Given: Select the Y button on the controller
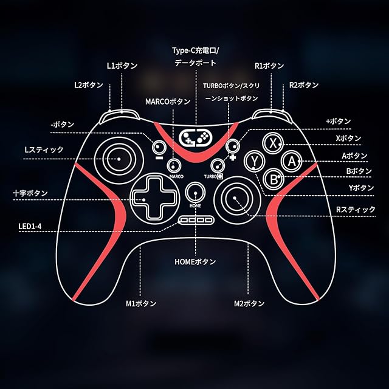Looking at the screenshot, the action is pyautogui.click(x=255, y=161).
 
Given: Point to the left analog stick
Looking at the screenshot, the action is pyautogui.click(x=119, y=159).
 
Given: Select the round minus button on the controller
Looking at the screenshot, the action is pyautogui.click(x=159, y=146).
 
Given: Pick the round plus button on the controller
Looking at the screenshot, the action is pyautogui.click(x=232, y=146).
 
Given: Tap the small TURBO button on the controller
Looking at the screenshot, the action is pyautogui.click(x=216, y=164).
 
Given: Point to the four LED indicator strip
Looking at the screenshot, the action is pyautogui.click(x=196, y=219).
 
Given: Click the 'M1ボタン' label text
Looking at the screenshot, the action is pyautogui.click(x=141, y=303).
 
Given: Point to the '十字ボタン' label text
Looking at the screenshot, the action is pyautogui.click(x=30, y=193).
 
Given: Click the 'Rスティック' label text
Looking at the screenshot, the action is pyautogui.click(x=356, y=210).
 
